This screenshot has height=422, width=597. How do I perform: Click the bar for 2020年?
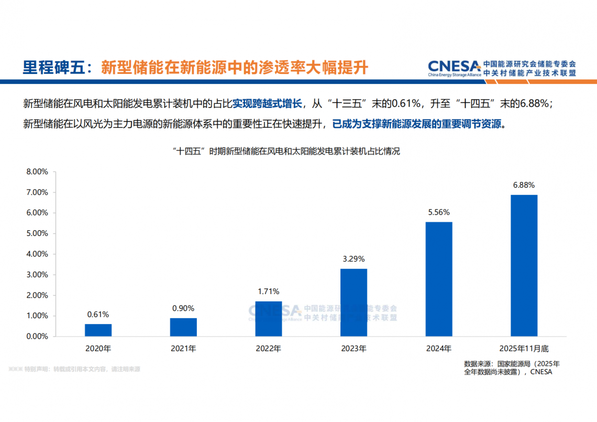[x=98, y=330]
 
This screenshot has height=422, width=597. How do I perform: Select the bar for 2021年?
[x=183, y=327]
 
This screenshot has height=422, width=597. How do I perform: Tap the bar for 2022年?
[x=268, y=319]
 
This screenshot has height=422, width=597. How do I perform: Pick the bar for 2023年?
[x=353, y=302]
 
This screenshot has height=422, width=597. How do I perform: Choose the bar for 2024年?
[x=439, y=279]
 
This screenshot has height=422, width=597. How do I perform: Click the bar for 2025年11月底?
[x=524, y=265]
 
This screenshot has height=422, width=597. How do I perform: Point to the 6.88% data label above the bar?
[x=524, y=185]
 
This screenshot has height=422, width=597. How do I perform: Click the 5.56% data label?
[x=439, y=212]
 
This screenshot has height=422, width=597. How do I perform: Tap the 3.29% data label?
[x=353, y=259]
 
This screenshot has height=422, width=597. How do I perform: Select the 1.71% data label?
[x=268, y=291]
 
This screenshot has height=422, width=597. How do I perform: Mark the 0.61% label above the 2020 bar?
[x=98, y=315]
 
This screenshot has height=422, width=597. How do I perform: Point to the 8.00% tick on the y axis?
[x=37, y=171]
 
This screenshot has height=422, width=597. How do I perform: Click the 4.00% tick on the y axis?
[x=37, y=254]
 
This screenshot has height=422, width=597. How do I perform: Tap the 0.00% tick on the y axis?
[x=37, y=337]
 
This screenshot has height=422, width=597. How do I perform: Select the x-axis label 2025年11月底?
[x=524, y=348]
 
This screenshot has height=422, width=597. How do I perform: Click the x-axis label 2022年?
[x=268, y=348]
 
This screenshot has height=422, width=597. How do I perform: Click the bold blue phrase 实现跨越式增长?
[x=267, y=103]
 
